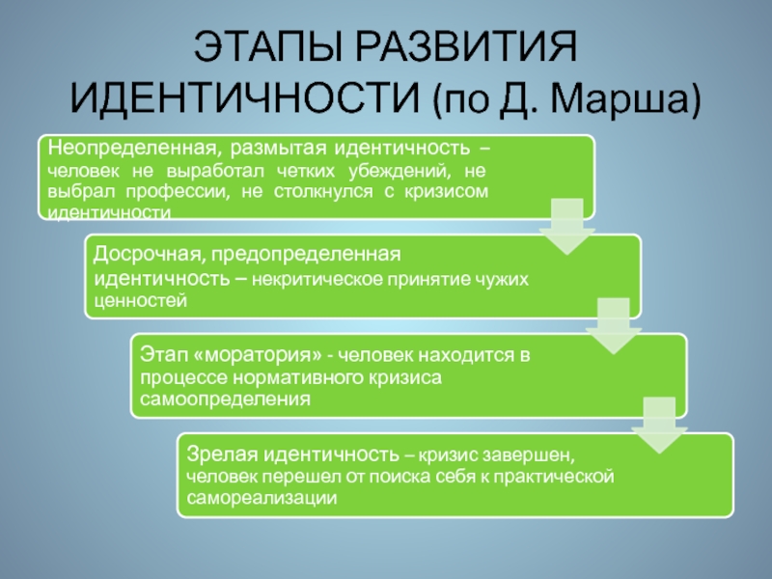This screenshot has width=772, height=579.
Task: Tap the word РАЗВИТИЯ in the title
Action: pos(471,48)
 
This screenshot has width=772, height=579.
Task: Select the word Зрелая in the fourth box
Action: pos(214,453)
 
